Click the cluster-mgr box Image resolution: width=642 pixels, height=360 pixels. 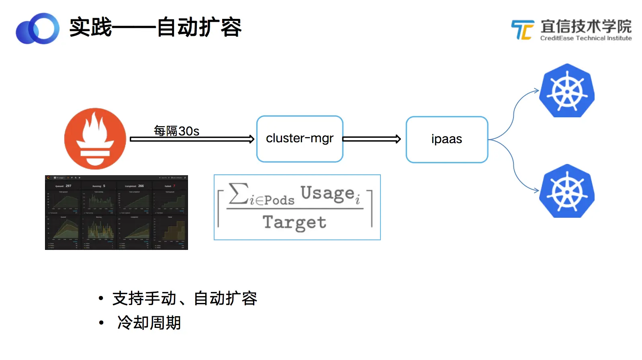[x=300, y=139]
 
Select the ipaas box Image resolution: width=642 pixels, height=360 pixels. [x=447, y=139]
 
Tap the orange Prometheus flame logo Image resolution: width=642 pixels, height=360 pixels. [x=95, y=138]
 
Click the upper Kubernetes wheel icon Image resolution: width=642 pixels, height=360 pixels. [x=567, y=91]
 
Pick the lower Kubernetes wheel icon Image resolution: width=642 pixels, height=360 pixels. [x=567, y=191]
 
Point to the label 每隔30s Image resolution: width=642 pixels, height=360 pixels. [x=177, y=131]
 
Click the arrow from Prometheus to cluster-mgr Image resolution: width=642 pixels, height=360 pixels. [x=192, y=139]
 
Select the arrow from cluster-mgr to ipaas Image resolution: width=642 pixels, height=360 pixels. [x=372, y=139]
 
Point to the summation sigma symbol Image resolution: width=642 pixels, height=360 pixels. [x=238, y=194]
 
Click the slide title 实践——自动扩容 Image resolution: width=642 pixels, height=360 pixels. [x=155, y=28]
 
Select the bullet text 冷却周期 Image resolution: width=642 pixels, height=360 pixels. [x=149, y=323]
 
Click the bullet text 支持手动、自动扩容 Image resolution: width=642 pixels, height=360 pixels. [x=185, y=299]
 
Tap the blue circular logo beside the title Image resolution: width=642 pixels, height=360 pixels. [x=38, y=29]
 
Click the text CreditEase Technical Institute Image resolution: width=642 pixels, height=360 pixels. [x=586, y=38]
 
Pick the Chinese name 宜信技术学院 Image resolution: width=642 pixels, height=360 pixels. [x=586, y=27]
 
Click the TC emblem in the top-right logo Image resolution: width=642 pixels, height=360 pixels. [x=523, y=30]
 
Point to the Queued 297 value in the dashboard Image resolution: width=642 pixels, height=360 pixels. [x=63, y=186]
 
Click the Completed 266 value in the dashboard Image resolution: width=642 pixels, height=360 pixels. [x=135, y=186]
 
